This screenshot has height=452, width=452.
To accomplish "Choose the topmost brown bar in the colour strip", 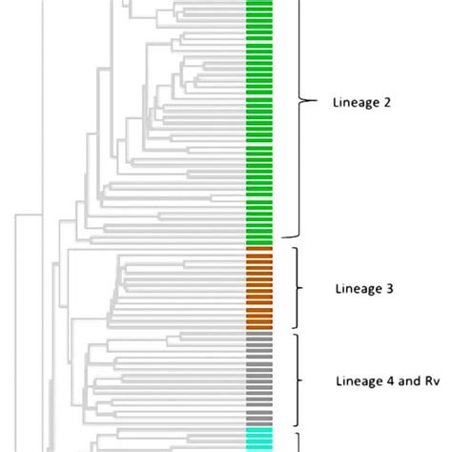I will click(x=259, y=250).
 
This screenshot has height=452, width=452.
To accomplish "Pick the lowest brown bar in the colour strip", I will click(x=259, y=325).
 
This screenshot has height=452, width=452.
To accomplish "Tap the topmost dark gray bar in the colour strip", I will click(x=259, y=335).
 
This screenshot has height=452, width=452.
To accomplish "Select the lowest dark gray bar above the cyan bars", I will click(x=259, y=421).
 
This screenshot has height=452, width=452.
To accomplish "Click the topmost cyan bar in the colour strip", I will click(x=259, y=431).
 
